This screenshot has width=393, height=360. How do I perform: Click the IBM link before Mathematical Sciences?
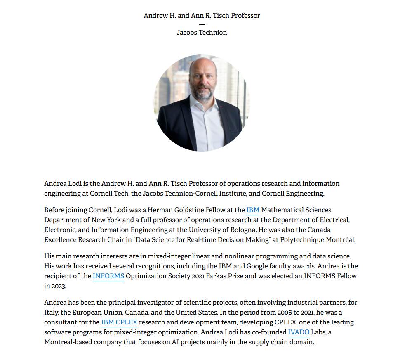click(253, 210)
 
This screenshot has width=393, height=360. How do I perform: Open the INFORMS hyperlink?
click(108, 276)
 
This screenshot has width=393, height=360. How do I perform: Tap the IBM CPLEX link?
click(119, 322)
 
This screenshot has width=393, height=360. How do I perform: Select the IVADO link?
click(299, 332)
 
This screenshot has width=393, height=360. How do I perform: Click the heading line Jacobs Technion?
click(202, 32)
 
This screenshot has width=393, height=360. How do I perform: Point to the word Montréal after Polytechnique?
click(339, 239)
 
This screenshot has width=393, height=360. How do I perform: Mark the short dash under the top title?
click(202, 24)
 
